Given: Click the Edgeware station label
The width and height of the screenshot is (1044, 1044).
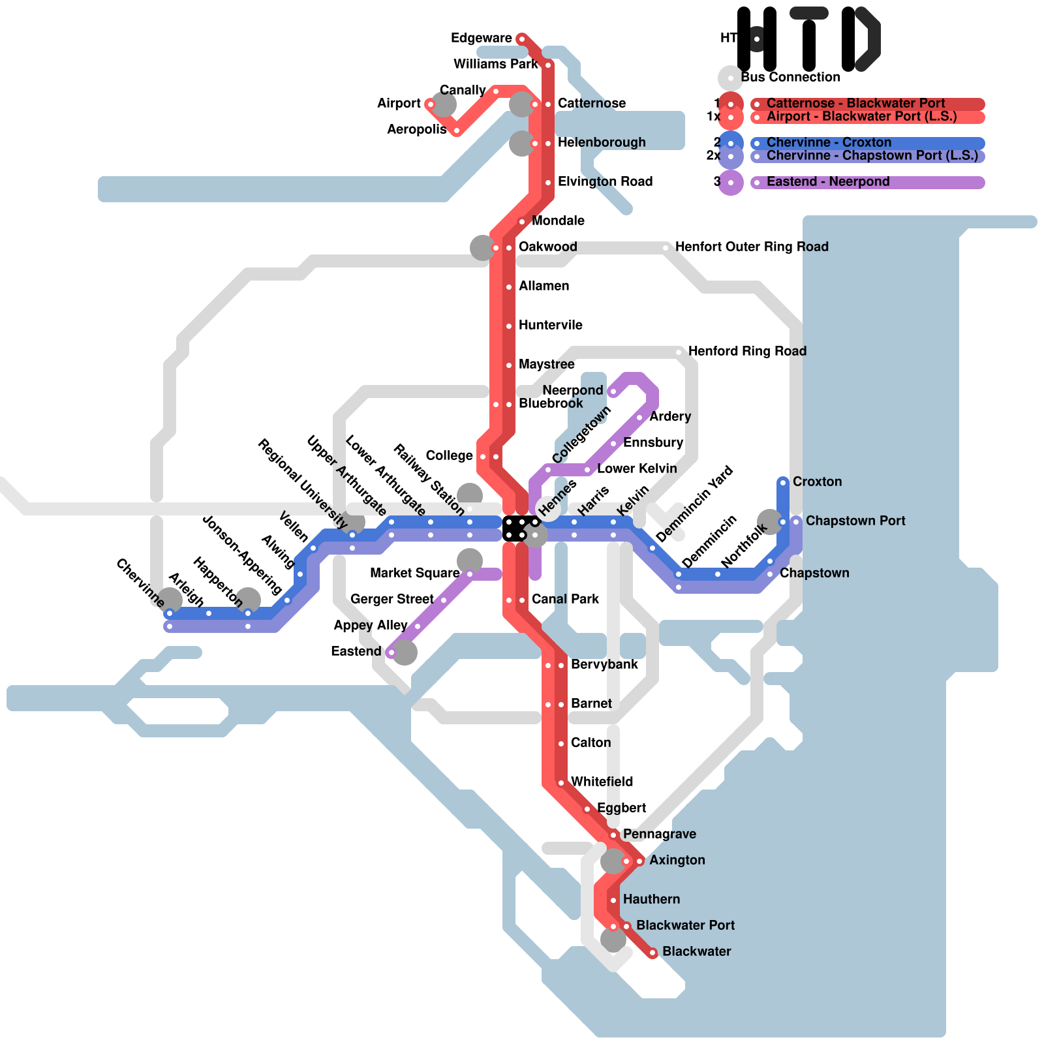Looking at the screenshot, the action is tap(481, 38).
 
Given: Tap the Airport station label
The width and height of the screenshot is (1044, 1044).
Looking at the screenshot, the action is tap(399, 104).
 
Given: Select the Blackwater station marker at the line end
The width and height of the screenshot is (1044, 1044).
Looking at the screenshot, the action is tap(652, 953).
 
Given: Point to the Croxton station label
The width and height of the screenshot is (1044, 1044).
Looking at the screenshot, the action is tap(817, 482).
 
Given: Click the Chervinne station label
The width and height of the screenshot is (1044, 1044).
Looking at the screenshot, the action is tap(140, 583).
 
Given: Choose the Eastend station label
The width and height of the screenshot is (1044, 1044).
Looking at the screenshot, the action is tap(356, 652).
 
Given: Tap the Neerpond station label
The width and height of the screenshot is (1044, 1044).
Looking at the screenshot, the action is tap(572, 391).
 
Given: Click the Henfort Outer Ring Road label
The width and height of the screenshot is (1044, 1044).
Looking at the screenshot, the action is tap(752, 247).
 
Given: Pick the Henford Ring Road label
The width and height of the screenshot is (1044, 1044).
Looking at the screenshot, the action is tap(747, 352).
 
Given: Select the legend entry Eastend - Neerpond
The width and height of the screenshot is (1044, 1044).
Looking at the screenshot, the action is tap(828, 182).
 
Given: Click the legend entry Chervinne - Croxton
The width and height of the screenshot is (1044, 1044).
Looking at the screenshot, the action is tap(829, 143).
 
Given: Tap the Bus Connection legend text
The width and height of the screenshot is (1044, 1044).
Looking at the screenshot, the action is tap(790, 78).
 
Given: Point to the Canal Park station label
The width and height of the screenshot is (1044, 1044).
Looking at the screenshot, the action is tap(565, 600).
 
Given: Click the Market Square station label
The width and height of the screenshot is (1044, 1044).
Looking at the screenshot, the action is tap(414, 574).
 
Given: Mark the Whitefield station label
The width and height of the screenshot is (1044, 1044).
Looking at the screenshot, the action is tap(602, 782).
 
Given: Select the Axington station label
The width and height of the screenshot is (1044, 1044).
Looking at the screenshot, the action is tap(677, 861).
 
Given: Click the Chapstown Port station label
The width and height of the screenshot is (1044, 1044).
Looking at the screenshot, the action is tap(855, 521).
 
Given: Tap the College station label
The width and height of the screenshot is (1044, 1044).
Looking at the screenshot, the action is tap(449, 456).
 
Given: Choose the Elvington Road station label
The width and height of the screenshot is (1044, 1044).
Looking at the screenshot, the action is tap(605, 182).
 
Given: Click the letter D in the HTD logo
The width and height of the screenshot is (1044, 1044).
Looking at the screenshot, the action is tap(861, 39).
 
